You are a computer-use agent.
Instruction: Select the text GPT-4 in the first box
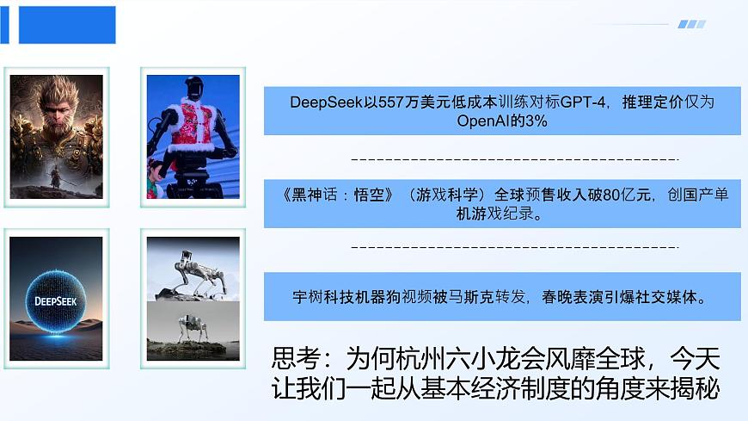tap(580, 102)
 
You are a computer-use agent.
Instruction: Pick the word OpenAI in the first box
tap(483, 121)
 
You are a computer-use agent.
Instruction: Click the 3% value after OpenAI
tap(539, 121)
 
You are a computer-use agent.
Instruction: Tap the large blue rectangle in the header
tap(67, 25)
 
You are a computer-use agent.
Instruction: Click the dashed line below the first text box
tap(515, 160)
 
